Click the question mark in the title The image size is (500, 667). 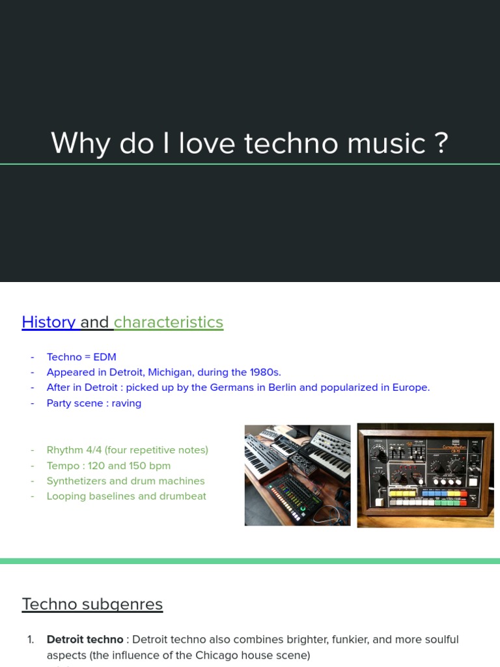(x=441, y=143)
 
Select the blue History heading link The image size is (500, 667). (x=49, y=322)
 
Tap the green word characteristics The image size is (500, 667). (x=169, y=322)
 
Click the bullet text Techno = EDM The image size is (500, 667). (x=81, y=357)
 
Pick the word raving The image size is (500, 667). (x=126, y=403)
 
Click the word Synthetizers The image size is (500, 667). (x=79, y=481)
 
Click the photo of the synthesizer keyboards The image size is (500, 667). (x=298, y=475)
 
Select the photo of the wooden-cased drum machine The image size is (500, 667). (x=425, y=475)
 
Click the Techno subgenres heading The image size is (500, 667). (x=92, y=604)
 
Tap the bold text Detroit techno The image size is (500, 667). (x=85, y=640)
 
